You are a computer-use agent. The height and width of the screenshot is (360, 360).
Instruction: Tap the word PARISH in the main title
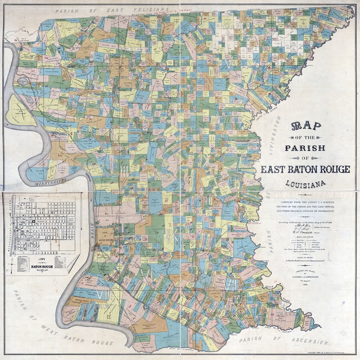[x=305, y=147]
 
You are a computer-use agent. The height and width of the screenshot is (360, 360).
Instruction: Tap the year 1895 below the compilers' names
[x=305, y=283]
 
